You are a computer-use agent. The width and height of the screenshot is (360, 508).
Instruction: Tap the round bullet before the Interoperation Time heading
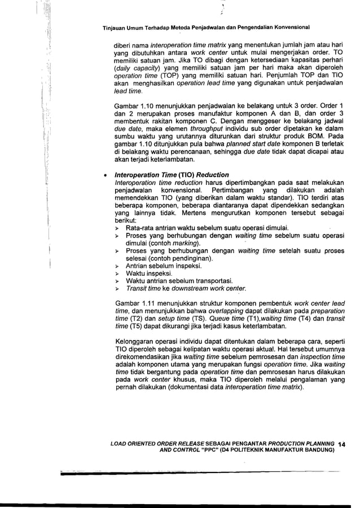[x=105, y=175]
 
